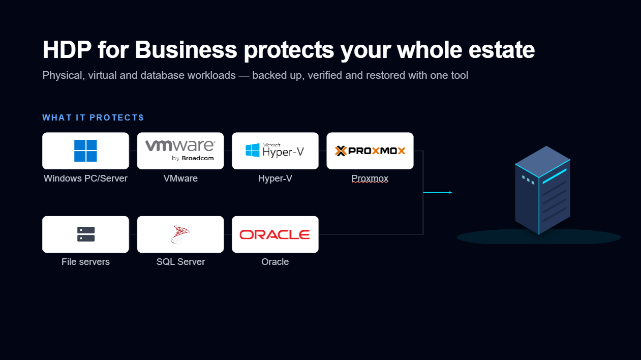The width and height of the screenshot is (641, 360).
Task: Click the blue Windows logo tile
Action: coord(85,151)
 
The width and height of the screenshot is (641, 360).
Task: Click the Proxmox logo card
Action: coord(370,151)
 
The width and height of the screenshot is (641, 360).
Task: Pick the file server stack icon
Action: coord(86,234)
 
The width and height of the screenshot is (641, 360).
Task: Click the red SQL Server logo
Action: coord(180,234)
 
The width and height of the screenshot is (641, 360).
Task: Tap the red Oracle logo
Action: coord(274,234)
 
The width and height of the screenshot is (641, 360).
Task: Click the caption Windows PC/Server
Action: coord(85,178)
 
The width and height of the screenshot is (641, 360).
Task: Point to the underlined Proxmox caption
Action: coord(370,178)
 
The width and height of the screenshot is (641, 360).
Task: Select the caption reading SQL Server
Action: coord(180,262)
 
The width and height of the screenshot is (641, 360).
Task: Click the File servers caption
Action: coord(85,262)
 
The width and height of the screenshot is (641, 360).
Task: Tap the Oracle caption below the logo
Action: coord(275,262)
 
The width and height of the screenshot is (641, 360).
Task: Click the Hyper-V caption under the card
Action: coord(275,178)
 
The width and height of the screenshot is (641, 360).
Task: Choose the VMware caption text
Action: coord(180,178)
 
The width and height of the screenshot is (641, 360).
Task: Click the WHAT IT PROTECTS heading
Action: coord(93,117)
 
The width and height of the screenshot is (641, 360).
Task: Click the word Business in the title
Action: coord(186,49)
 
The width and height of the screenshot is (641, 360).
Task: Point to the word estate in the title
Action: coord(502,50)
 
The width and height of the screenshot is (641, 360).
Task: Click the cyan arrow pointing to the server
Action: coord(438,193)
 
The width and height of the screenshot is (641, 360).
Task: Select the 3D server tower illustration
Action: coord(542,190)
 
